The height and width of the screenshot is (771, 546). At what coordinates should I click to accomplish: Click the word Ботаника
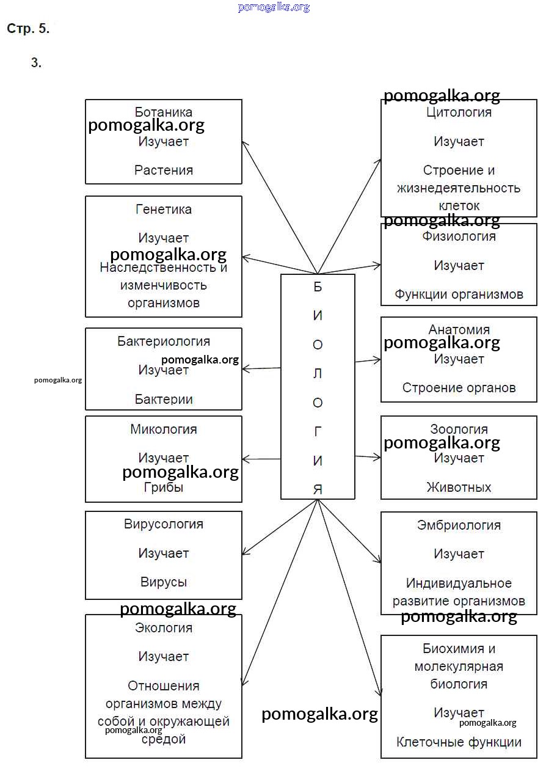(164, 112)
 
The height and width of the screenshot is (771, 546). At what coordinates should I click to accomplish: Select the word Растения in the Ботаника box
(164, 170)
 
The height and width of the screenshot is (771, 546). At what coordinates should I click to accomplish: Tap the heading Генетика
(164, 210)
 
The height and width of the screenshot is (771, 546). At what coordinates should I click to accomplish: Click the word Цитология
(459, 112)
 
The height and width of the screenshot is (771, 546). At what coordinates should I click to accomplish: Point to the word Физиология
(459, 236)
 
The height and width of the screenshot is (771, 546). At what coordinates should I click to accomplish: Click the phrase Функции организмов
(459, 294)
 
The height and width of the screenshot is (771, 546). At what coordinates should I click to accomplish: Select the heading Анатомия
(459, 330)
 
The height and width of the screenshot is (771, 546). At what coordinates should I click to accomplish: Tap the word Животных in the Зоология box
(459, 488)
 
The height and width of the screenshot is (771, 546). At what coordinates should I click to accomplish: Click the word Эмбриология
(459, 525)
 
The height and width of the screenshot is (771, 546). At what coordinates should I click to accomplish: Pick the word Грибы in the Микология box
(164, 488)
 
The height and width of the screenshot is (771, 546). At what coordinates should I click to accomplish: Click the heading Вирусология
(164, 524)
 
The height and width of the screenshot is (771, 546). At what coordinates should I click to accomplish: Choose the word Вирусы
(164, 582)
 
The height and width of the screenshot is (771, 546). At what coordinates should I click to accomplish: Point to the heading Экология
(164, 628)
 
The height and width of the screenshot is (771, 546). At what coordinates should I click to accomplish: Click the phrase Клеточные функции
(459, 743)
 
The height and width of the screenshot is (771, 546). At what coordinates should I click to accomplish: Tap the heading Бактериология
(164, 342)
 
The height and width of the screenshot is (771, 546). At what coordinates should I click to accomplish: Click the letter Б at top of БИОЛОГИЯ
(318, 287)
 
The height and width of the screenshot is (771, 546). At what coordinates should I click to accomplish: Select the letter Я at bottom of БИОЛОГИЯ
(318, 489)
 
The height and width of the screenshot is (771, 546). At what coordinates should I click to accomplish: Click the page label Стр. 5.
(28, 29)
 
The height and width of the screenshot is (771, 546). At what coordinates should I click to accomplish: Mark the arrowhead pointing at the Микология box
(246, 459)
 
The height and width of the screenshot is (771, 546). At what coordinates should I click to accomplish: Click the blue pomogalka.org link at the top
(274, 7)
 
